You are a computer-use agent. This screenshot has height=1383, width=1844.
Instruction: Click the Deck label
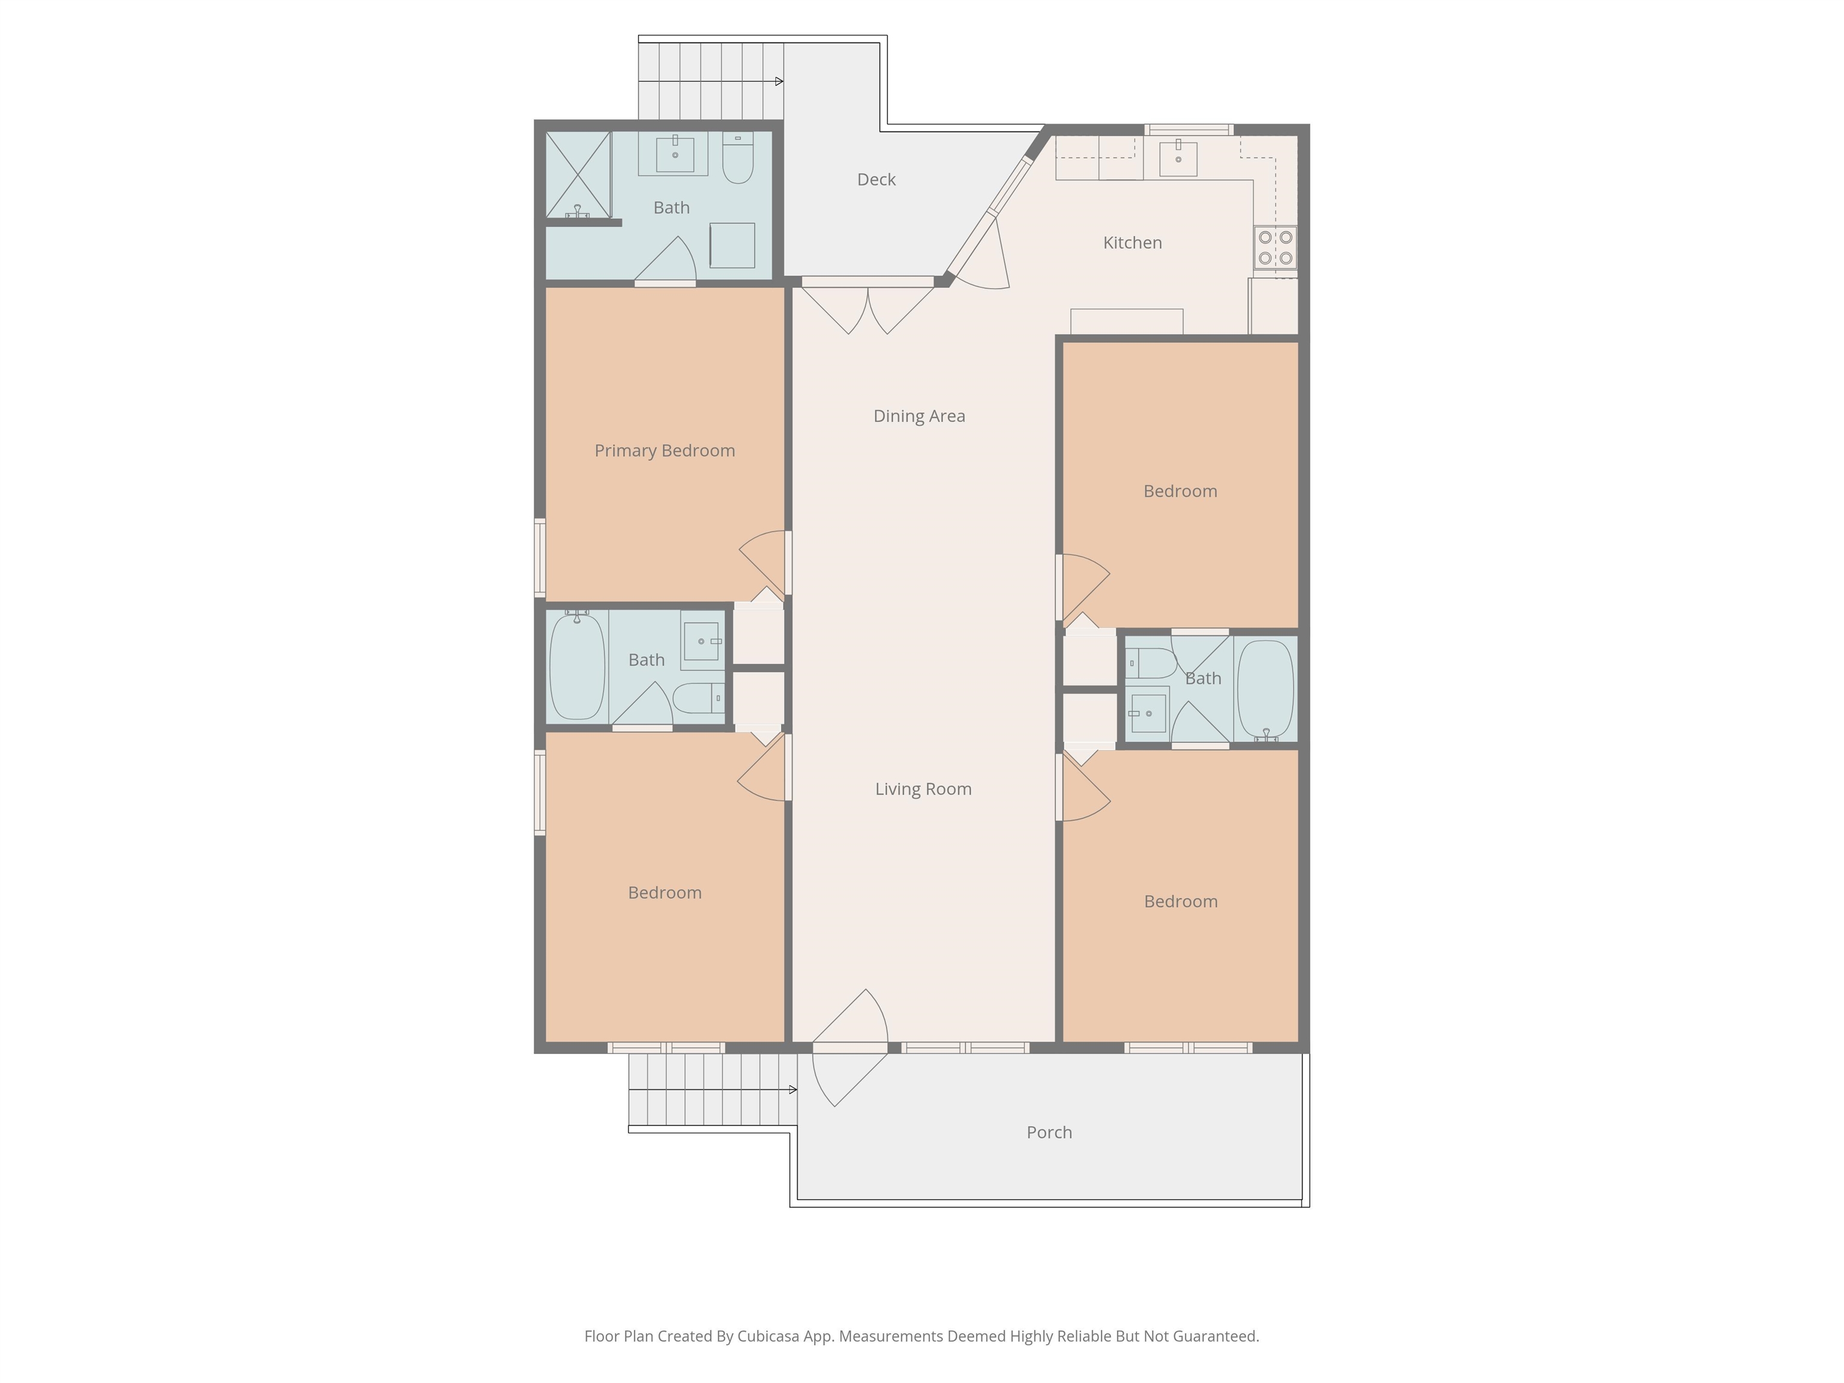876,179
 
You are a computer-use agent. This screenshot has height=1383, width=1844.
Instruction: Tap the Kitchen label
1132,243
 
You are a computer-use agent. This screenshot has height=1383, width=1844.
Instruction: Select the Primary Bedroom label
664,451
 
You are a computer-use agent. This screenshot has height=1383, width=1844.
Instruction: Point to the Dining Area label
918,416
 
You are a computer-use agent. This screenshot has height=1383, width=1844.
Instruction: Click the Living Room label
923,789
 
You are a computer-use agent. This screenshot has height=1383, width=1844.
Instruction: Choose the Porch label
1049,1132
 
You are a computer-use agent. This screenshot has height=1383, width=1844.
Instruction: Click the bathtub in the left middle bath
577,665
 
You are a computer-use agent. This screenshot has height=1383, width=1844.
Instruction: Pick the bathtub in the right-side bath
1265,688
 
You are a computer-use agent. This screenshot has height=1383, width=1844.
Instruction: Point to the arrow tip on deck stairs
782,81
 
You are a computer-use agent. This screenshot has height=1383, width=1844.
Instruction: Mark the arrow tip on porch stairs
795,1089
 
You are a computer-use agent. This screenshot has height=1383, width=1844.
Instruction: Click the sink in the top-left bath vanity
675,154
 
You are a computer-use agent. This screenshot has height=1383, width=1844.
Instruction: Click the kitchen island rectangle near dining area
1126,322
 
